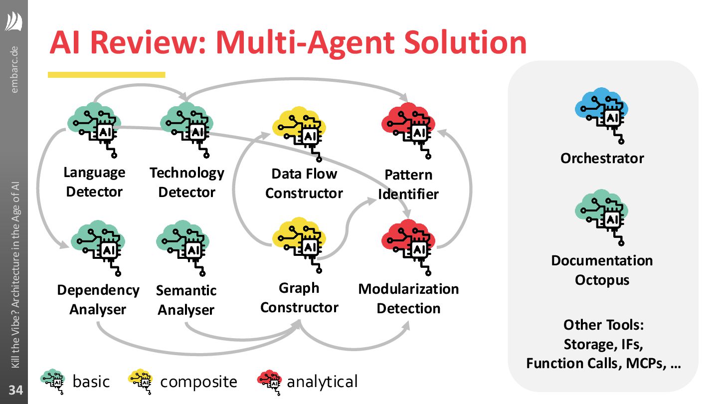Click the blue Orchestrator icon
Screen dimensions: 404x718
602,115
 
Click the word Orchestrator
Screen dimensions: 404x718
602,159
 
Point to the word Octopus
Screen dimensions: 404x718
602,280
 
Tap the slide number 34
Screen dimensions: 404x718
16,390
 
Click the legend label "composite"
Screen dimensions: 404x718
198,382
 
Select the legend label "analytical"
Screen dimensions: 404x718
322,382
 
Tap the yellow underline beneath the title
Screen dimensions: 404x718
106,75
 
